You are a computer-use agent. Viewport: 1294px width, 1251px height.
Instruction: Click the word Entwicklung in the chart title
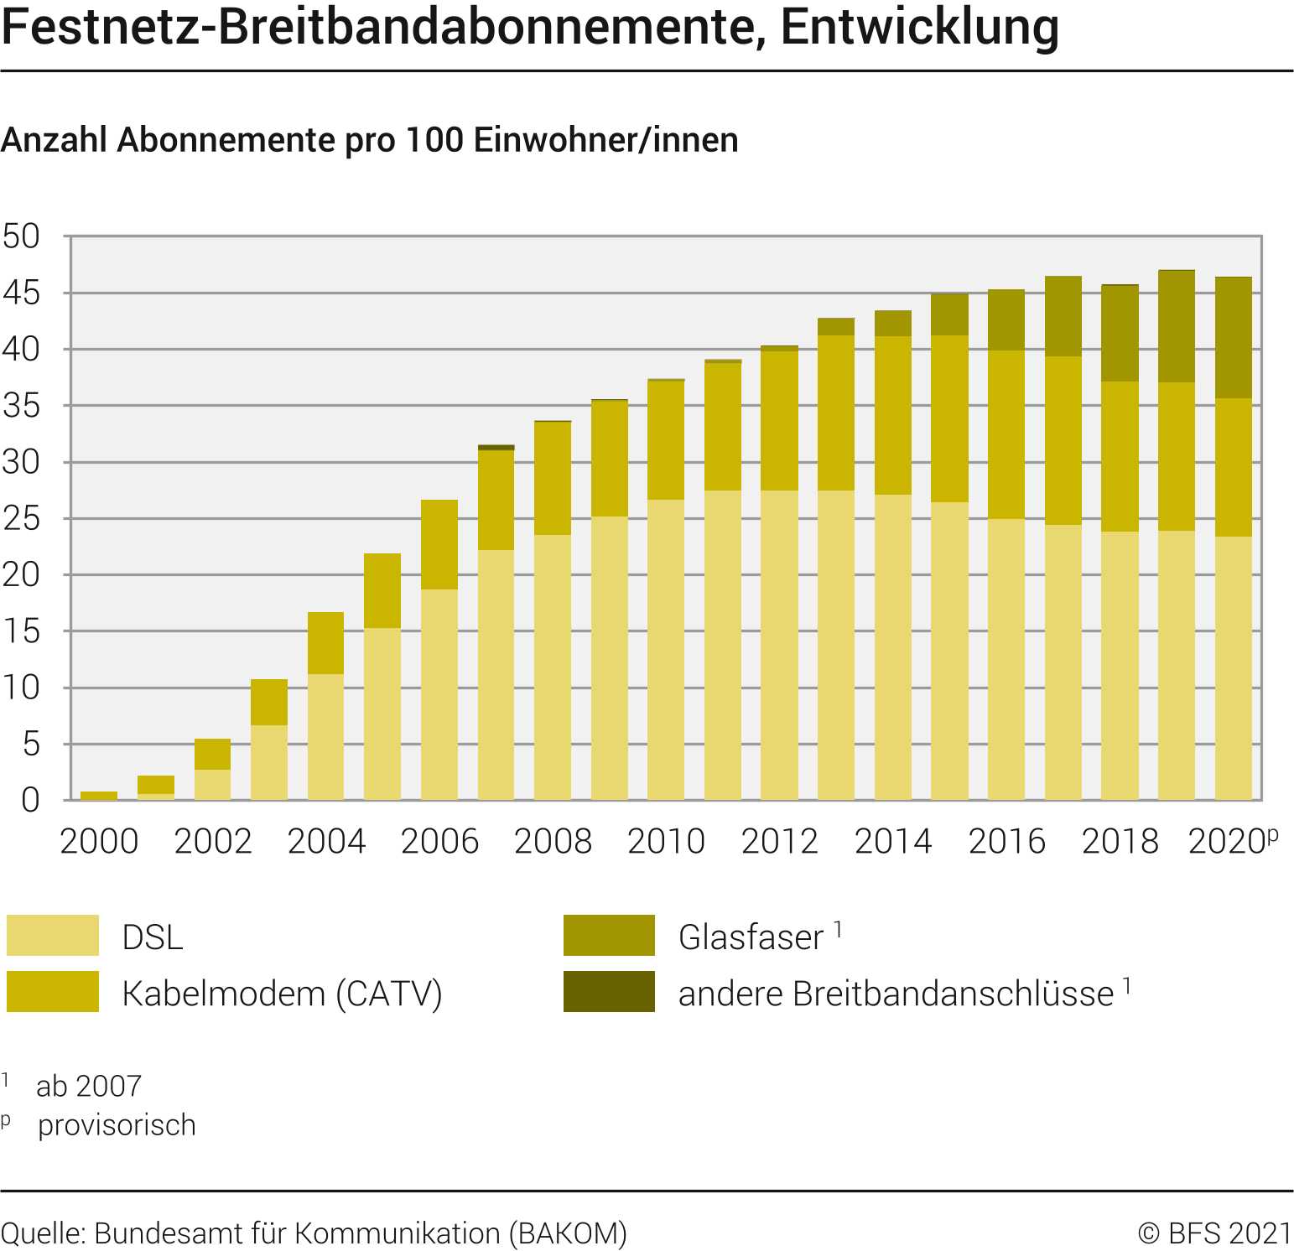[919, 27]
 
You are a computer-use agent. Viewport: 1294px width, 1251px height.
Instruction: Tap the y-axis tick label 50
[21, 236]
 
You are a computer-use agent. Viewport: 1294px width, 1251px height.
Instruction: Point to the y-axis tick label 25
[21, 519]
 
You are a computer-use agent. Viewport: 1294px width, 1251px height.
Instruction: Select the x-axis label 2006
[439, 842]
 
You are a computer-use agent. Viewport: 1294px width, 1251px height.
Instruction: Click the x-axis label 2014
[893, 842]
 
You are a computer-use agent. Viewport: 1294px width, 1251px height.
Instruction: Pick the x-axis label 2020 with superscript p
[1231, 842]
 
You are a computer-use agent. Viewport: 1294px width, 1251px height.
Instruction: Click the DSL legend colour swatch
[53, 936]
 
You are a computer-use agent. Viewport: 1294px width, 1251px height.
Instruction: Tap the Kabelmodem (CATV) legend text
[282, 994]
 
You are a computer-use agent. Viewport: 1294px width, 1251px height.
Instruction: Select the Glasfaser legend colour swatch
[609, 936]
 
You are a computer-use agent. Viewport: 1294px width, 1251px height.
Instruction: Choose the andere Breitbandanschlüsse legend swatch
[609, 992]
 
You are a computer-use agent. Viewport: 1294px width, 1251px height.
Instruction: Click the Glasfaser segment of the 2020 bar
[1234, 338]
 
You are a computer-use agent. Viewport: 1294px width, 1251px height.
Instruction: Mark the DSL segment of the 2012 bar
[779, 646]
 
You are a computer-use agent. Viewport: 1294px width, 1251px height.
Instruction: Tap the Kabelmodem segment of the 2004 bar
[325, 643]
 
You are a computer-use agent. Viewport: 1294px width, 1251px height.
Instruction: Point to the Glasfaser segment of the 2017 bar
[1063, 316]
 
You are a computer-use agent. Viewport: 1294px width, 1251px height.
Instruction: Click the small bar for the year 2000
[99, 795]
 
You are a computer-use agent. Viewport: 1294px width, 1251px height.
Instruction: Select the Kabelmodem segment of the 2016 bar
[1006, 434]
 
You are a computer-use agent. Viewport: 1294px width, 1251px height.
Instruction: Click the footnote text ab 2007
[89, 1086]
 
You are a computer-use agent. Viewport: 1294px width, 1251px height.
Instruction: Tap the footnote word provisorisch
[117, 1125]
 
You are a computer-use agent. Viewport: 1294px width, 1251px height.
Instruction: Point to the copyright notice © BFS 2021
[1215, 1233]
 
